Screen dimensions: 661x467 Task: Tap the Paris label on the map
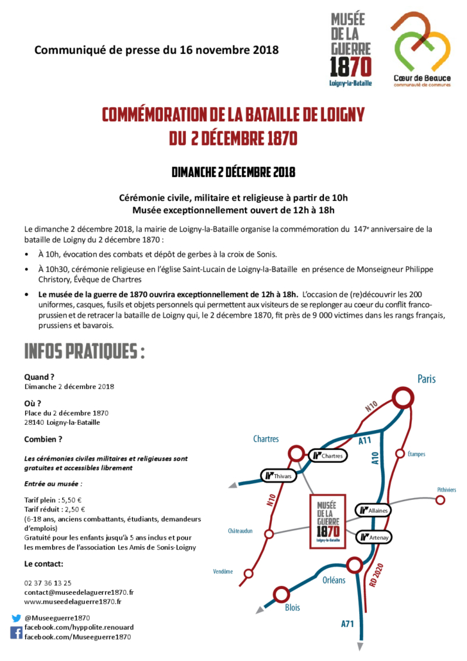[426, 379]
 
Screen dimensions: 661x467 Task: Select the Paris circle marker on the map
[403, 399]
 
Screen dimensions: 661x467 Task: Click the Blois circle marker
[281, 594]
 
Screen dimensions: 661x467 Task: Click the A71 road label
[347, 623]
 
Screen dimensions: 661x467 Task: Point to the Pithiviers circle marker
[440, 500]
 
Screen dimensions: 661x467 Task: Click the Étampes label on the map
[416, 454]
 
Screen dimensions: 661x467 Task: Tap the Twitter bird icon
[16, 618]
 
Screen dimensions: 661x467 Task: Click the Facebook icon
[16, 633]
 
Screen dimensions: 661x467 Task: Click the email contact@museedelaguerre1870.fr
[79, 592]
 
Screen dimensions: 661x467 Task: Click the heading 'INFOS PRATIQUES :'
[84, 352]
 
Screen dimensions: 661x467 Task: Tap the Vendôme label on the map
[223, 572]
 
